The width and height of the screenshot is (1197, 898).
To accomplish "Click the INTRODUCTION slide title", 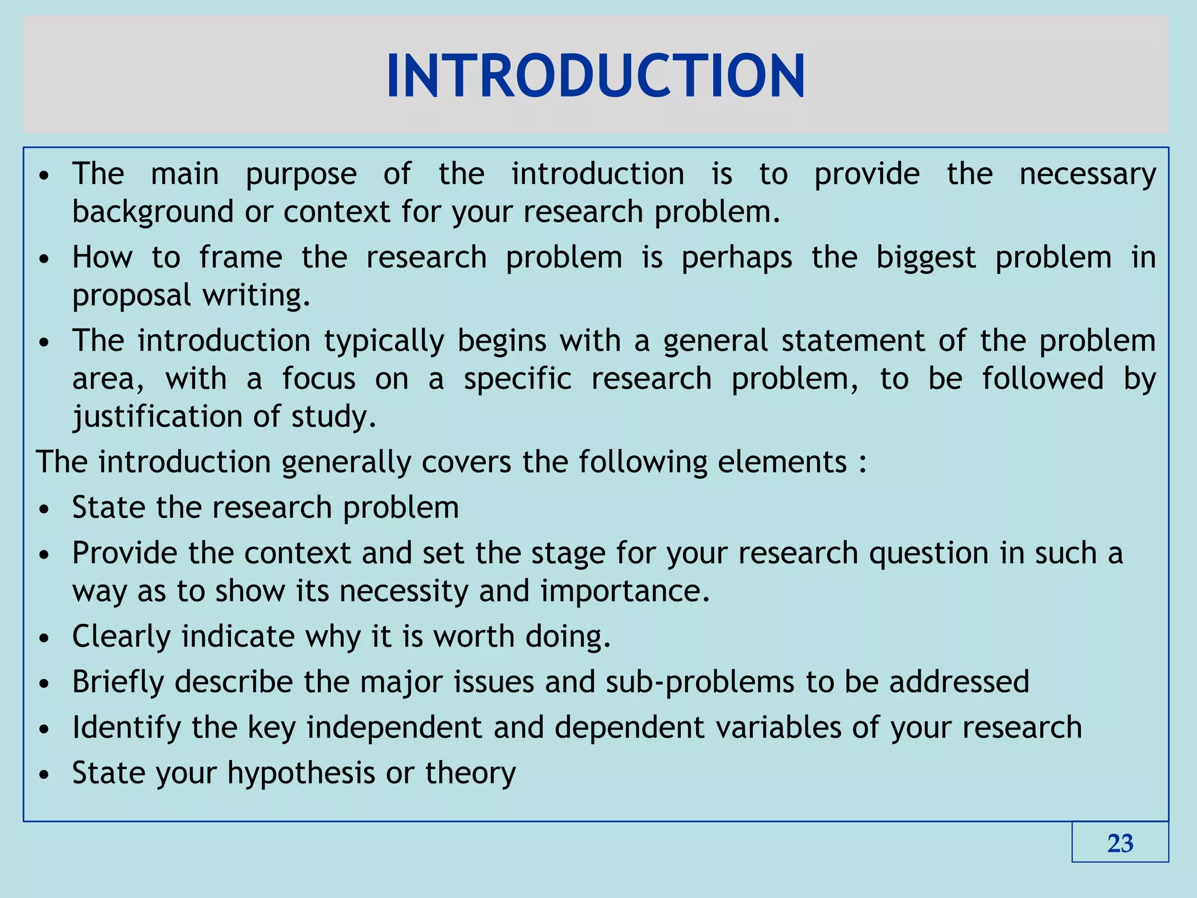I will pos(596,76).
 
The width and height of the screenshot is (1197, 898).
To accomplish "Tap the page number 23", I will pos(1120,843).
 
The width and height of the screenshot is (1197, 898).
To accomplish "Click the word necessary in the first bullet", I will pos(1088,174).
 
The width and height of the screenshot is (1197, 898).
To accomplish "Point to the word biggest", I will pos(926,258).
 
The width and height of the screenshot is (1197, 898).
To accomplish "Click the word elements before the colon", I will pos(782,462).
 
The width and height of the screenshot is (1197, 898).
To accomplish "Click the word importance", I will pos(625,591).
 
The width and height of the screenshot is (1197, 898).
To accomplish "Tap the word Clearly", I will pos(121,637).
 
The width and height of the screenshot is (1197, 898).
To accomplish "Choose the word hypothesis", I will pos(300,773).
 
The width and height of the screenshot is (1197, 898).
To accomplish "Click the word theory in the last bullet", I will pos(470,773).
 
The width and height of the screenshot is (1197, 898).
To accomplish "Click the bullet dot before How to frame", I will pos(44,259).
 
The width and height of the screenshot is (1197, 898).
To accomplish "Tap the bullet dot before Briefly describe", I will pos(44,683).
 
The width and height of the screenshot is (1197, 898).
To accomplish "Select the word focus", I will pos(319,379).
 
